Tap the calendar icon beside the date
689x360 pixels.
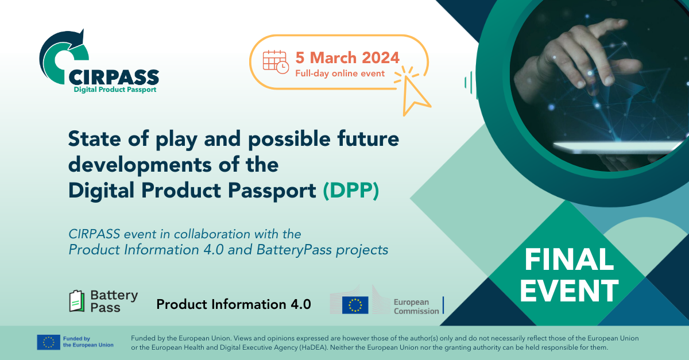click(275, 61)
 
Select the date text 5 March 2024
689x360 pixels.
click(347, 57)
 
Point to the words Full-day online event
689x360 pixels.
click(340, 73)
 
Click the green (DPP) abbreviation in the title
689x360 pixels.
click(350, 191)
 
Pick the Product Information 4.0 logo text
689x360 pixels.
click(234, 304)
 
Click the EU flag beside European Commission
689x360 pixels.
click(355, 305)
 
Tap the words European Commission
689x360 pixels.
click(416, 307)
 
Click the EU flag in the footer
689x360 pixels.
click(48, 342)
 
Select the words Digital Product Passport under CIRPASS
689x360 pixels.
click(115, 90)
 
